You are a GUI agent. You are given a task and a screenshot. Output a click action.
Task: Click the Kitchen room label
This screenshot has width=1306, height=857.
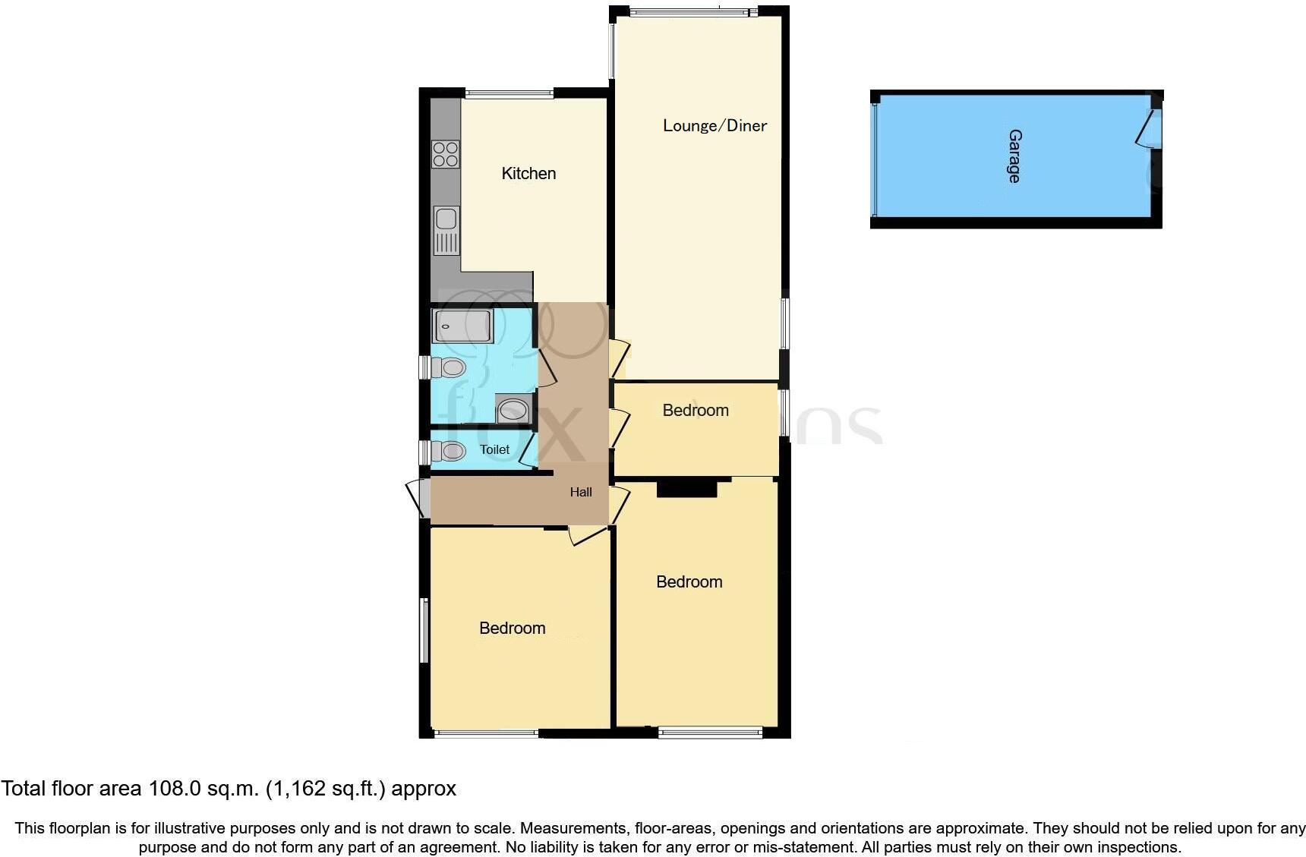[x=528, y=173]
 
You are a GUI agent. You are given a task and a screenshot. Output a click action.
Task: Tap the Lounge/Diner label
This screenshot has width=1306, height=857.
[x=715, y=125]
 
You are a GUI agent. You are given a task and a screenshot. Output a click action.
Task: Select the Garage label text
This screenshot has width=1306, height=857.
[x=1014, y=156]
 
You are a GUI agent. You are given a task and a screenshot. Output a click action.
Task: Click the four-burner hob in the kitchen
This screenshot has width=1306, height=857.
[x=446, y=154]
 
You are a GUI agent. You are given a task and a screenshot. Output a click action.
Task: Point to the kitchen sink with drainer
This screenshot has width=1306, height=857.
[x=446, y=230]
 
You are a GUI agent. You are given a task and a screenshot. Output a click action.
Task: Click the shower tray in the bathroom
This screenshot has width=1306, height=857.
[x=462, y=326]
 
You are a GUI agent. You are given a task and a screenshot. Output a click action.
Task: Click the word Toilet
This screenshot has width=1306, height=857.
[x=494, y=449]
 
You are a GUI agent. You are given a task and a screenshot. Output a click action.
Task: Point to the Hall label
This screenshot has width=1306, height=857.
[x=581, y=492]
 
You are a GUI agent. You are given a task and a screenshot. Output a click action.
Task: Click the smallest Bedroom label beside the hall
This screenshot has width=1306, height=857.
[x=696, y=410]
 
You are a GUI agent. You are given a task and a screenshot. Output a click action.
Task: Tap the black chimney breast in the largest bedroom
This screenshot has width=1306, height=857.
[x=686, y=490]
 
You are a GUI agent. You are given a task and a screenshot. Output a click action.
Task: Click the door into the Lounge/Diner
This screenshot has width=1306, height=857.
[x=620, y=358]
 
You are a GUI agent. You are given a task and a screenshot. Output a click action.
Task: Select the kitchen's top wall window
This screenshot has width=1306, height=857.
[x=509, y=94]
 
